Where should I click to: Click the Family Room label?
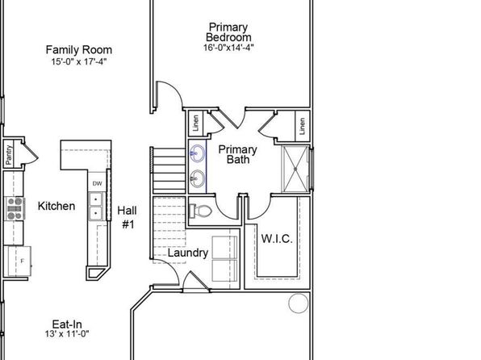tap(79, 50)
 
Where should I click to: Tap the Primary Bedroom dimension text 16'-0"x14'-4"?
tap(228, 48)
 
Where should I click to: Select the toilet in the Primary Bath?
tap(201, 211)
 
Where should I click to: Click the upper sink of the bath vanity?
tap(197, 153)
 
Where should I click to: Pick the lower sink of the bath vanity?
tap(197, 178)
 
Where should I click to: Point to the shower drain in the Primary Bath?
tap(295, 170)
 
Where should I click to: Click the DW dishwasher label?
tap(97, 183)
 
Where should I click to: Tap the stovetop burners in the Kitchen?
tap(15, 209)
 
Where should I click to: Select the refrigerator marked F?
tap(19, 262)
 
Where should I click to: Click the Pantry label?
tap(9, 155)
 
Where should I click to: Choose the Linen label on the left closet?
tap(196, 123)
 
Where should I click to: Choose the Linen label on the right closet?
tap(302, 126)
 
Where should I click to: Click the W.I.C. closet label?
tap(277, 238)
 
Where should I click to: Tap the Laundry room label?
tap(188, 253)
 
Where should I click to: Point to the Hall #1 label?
tap(128, 217)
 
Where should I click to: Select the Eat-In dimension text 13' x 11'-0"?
tap(67, 333)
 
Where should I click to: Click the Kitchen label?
tap(56, 206)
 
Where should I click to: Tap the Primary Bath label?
tap(238, 154)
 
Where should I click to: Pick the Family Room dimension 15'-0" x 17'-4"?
tap(79, 61)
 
